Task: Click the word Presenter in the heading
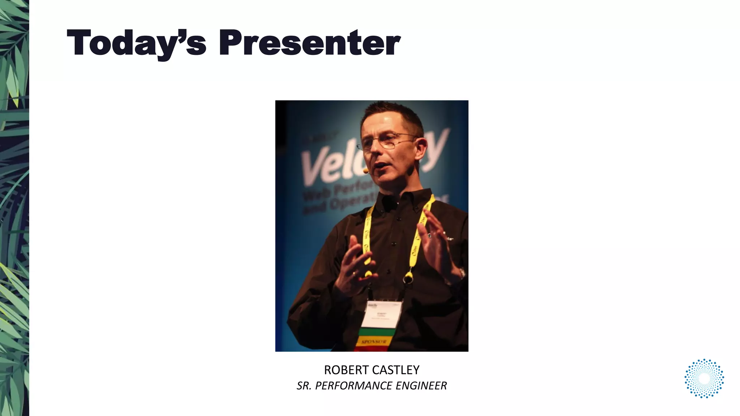point(309,43)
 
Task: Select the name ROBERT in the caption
point(346,370)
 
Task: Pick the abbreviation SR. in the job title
point(304,386)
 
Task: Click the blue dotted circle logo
point(704,378)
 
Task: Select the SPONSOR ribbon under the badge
point(374,342)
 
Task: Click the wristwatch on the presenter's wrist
point(462,273)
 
